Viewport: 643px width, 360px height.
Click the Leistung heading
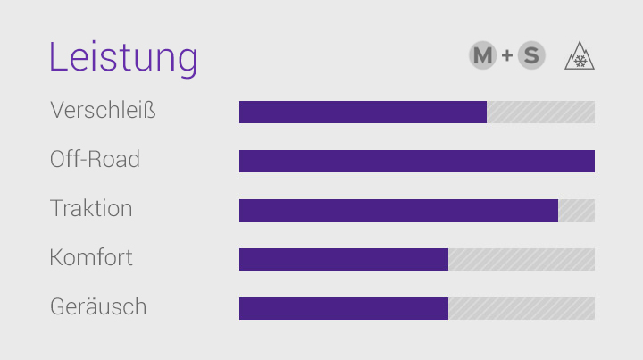(122, 57)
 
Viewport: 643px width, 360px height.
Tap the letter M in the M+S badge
(482, 56)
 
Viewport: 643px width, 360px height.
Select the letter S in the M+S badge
(531, 56)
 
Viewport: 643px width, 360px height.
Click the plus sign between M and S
(507, 56)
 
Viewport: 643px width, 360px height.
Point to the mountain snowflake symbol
(580, 56)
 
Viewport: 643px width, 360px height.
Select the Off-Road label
(95, 160)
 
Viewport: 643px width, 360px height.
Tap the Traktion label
(91, 209)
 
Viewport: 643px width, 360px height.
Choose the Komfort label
(91, 258)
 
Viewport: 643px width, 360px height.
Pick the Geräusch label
(98, 307)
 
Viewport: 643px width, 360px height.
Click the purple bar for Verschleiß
(363, 112)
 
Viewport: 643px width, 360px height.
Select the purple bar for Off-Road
(416, 161)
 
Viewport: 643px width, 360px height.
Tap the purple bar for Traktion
(398, 210)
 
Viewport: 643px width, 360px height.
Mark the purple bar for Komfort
(344, 259)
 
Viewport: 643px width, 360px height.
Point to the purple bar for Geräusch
(344, 308)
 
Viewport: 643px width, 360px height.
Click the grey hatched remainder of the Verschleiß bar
(540, 112)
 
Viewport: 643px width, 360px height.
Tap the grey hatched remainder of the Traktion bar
(576, 210)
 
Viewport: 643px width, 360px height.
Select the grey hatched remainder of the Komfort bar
(522, 259)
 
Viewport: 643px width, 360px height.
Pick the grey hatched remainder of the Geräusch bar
(522, 308)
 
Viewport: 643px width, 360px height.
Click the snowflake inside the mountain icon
(580, 61)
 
